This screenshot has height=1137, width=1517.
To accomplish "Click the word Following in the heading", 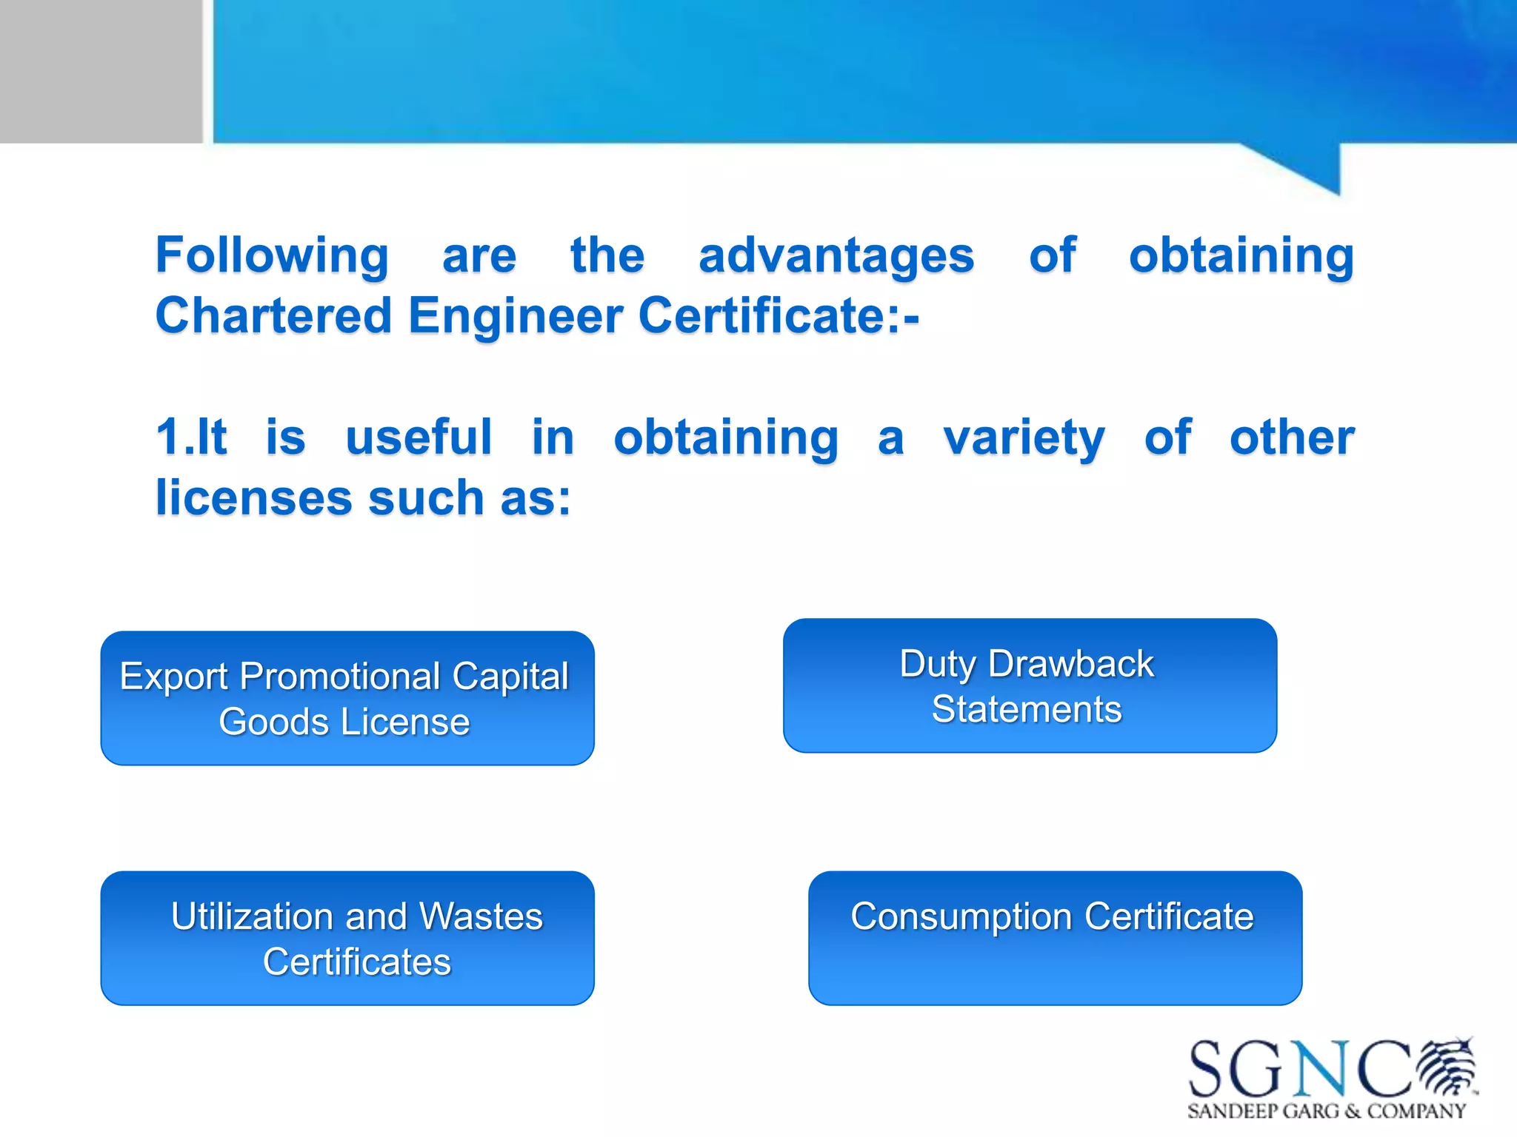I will tap(271, 256).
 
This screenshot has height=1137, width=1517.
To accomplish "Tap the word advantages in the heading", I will tap(836, 256).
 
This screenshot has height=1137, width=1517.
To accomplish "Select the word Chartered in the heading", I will tap(273, 316).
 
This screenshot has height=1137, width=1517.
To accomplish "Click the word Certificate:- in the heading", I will tap(778, 316).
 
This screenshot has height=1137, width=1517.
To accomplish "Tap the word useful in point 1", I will tap(419, 437).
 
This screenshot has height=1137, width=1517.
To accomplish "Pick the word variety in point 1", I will tap(1024, 438).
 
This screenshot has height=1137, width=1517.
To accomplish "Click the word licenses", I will tap(253, 497).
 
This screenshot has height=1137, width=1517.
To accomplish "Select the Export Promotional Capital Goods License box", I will tap(347, 698).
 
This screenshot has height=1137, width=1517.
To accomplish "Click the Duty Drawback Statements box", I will tap(1030, 685).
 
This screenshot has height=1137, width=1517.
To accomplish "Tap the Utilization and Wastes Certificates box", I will tap(347, 938).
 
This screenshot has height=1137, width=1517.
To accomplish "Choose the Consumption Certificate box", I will tap(1055, 938).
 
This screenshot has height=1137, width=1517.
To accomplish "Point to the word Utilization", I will tap(252, 916).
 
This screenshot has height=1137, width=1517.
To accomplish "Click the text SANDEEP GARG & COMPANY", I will tap(1326, 1111).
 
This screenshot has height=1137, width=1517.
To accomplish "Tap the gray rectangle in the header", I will tap(101, 71).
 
